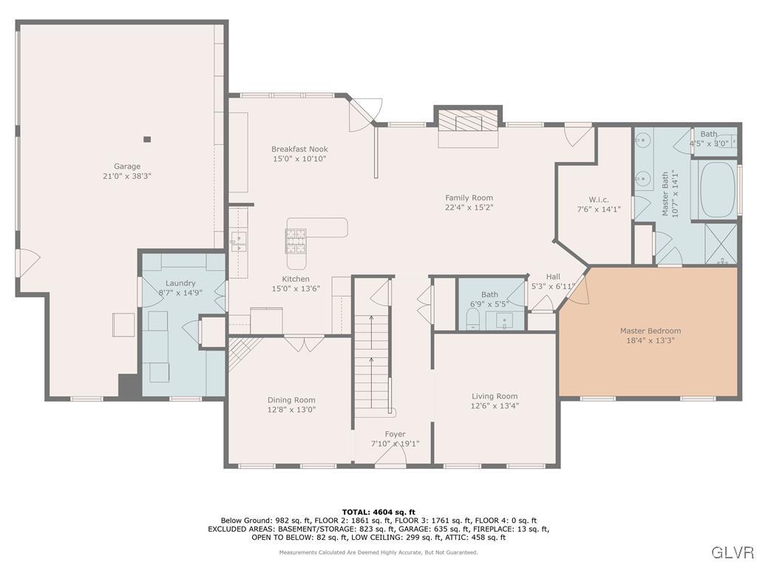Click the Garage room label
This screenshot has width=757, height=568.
click(x=126, y=166)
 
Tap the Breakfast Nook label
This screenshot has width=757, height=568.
click(x=299, y=149)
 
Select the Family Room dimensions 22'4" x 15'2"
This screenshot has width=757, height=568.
click(x=469, y=208)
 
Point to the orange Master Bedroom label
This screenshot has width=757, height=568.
click(x=650, y=331)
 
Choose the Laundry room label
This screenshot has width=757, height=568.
click(x=180, y=283)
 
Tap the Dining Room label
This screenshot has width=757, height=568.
click(x=291, y=400)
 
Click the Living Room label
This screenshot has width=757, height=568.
click(x=495, y=396)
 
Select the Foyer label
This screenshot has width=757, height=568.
click(x=395, y=434)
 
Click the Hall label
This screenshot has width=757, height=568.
click(x=553, y=277)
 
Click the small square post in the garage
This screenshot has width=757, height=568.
click(x=147, y=139)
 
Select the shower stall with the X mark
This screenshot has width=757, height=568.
click(x=721, y=243)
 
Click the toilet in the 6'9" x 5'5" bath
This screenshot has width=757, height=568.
click(x=472, y=319)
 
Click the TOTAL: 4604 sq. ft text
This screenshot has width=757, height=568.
click(x=378, y=512)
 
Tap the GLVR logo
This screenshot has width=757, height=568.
click(x=732, y=552)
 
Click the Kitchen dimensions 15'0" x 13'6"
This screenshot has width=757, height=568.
click(x=296, y=288)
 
